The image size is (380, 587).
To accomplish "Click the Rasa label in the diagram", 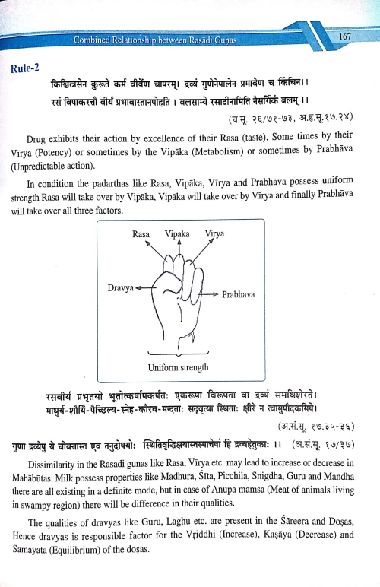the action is click(141, 235).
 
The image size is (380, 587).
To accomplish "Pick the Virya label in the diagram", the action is click(215, 235).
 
